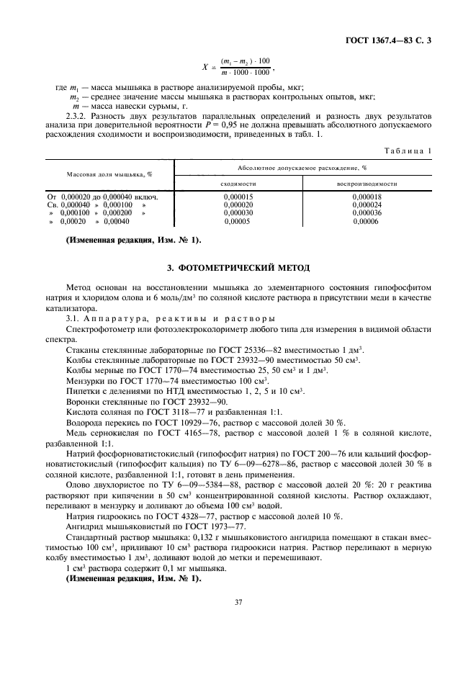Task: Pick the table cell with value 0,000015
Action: tap(238, 197)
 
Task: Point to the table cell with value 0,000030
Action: tap(238, 213)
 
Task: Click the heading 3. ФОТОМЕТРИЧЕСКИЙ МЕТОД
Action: tap(238, 268)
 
